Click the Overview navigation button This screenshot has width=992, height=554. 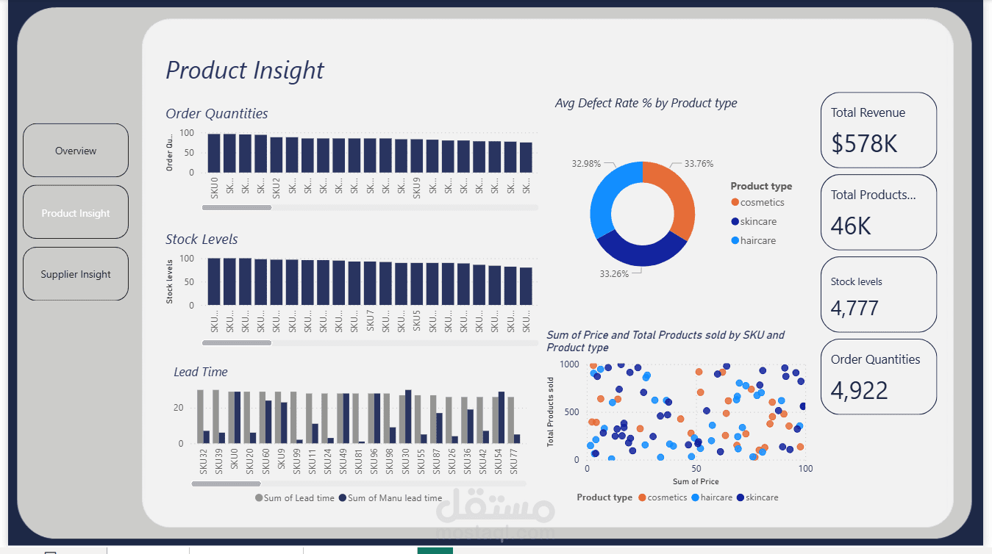coord(76,151)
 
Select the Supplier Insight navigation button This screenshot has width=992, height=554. coord(76,274)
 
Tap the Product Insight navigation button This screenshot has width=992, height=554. coord(76,213)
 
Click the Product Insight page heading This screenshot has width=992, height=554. coord(245,71)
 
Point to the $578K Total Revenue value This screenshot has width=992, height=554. coord(865,143)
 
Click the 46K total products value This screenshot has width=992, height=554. coord(851,226)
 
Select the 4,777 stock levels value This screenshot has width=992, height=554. coord(854,307)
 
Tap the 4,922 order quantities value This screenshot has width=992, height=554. coord(860,390)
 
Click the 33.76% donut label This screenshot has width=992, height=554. coord(699,164)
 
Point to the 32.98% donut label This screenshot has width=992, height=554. coord(586,163)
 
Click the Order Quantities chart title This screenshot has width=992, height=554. coord(217,114)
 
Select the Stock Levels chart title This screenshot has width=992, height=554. coord(201,240)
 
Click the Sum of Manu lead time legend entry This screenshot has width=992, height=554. coord(390,498)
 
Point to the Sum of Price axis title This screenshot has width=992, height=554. coord(696,482)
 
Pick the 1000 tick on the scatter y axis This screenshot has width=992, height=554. coord(569,364)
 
